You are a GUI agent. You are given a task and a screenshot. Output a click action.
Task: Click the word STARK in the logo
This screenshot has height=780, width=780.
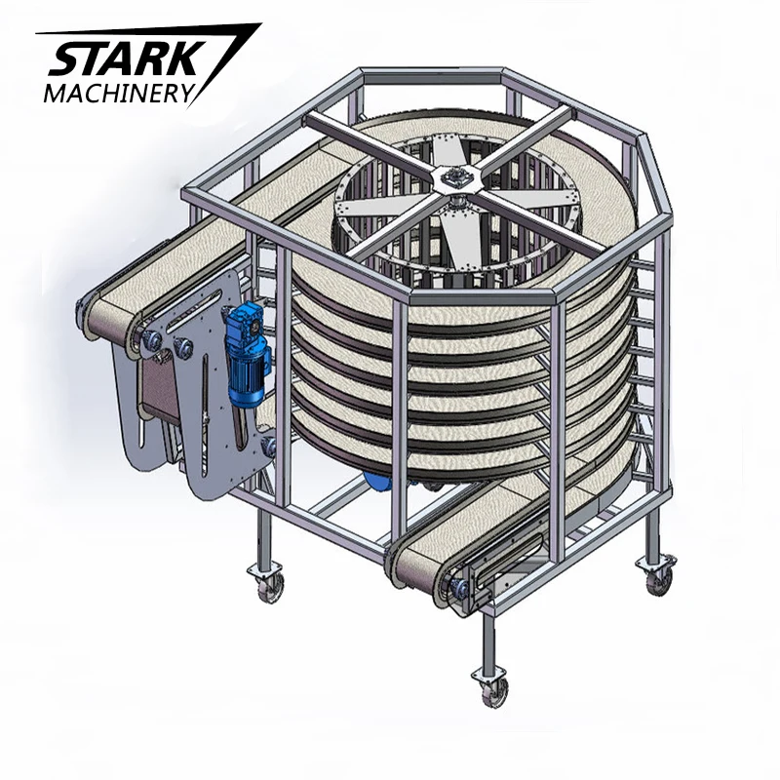coord(117,60)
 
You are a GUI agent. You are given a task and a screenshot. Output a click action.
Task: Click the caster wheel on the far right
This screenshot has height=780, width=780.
coord(659,579)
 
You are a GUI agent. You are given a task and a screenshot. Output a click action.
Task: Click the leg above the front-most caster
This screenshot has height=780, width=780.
coord(487,634)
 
